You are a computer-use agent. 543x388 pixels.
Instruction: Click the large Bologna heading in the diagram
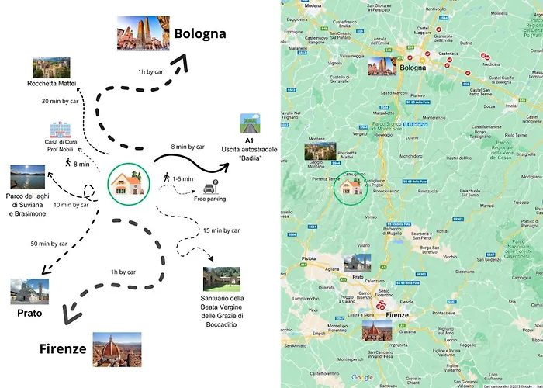coord(199,33)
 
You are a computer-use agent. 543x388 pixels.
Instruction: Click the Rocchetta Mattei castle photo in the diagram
coord(51,68)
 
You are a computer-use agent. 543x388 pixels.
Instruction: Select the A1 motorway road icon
coord(251,122)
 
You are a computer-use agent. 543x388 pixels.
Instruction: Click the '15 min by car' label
coord(220,230)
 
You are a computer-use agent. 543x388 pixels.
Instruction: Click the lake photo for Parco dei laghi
coord(28,177)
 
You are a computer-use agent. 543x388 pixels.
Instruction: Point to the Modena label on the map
coord(313,5)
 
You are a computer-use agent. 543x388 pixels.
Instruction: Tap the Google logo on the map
coord(361,377)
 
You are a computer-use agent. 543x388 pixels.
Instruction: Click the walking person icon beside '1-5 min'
coord(166,180)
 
